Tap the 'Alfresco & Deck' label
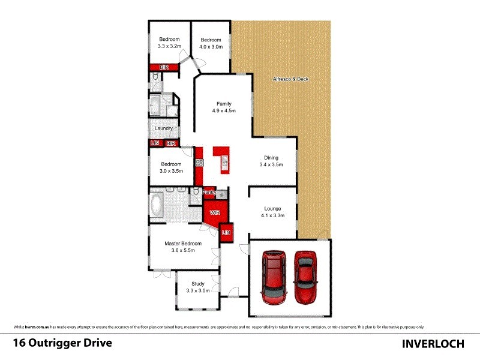[x=290, y=79]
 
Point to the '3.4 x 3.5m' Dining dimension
[x=271, y=164]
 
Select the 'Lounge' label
[x=272, y=209]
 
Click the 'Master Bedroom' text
[x=184, y=244]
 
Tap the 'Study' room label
[x=198, y=284]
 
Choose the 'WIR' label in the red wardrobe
[x=213, y=212]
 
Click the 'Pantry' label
[x=209, y=192]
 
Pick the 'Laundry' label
[x=164, y=128]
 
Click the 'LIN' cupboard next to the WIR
[x=226, y=232]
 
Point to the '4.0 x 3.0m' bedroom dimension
[x=211, y=46]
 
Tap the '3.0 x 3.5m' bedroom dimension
[x=171, y=170]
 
